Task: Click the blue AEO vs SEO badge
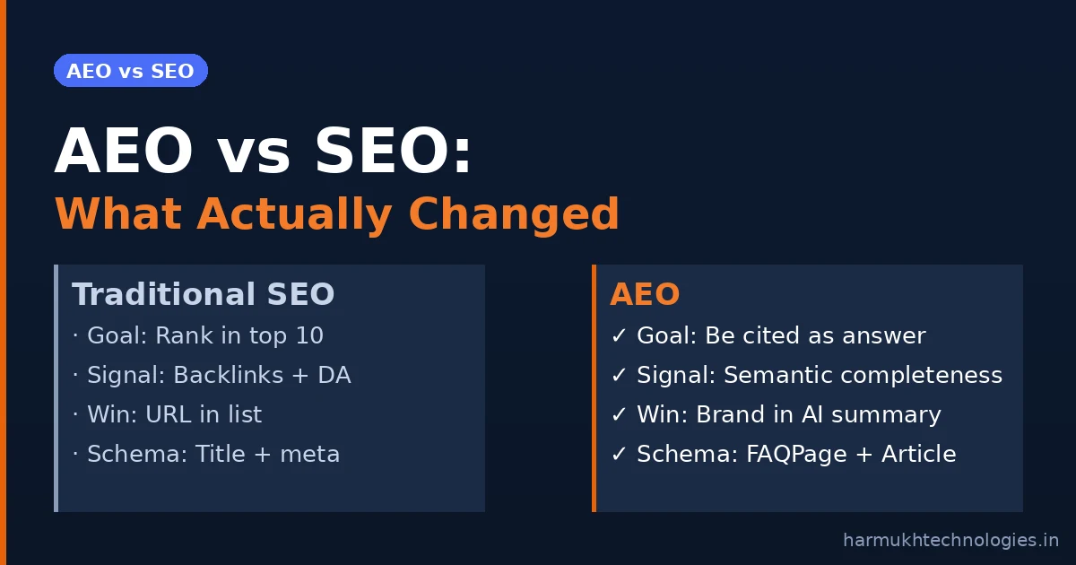click(x=131, y=71)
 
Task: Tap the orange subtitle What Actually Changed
click(x=337, y=214)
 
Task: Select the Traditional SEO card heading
click(x=203, y=294)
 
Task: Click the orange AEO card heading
click(x=645, y=294)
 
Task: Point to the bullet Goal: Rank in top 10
click(x=198, y=335)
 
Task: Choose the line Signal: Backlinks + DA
click(x=212, y=375)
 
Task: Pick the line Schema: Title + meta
click(x=206, y=454)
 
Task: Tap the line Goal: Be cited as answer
click(x=768, y=335)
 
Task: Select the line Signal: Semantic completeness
click(x=807, y=375)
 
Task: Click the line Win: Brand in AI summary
click(x=777, y=414)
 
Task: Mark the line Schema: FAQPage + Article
click(x=784, y=454)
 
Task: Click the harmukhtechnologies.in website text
click(x=951, y=540)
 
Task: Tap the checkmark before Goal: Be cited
click(x=619, y=335)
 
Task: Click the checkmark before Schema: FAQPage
click(x=619, y=454)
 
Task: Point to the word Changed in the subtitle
click(x=514, y=214)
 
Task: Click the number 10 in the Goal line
click(x=310, y=335)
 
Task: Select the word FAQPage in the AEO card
click(x=796, y=454)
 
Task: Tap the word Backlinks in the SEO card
click(x=228, y=375)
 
